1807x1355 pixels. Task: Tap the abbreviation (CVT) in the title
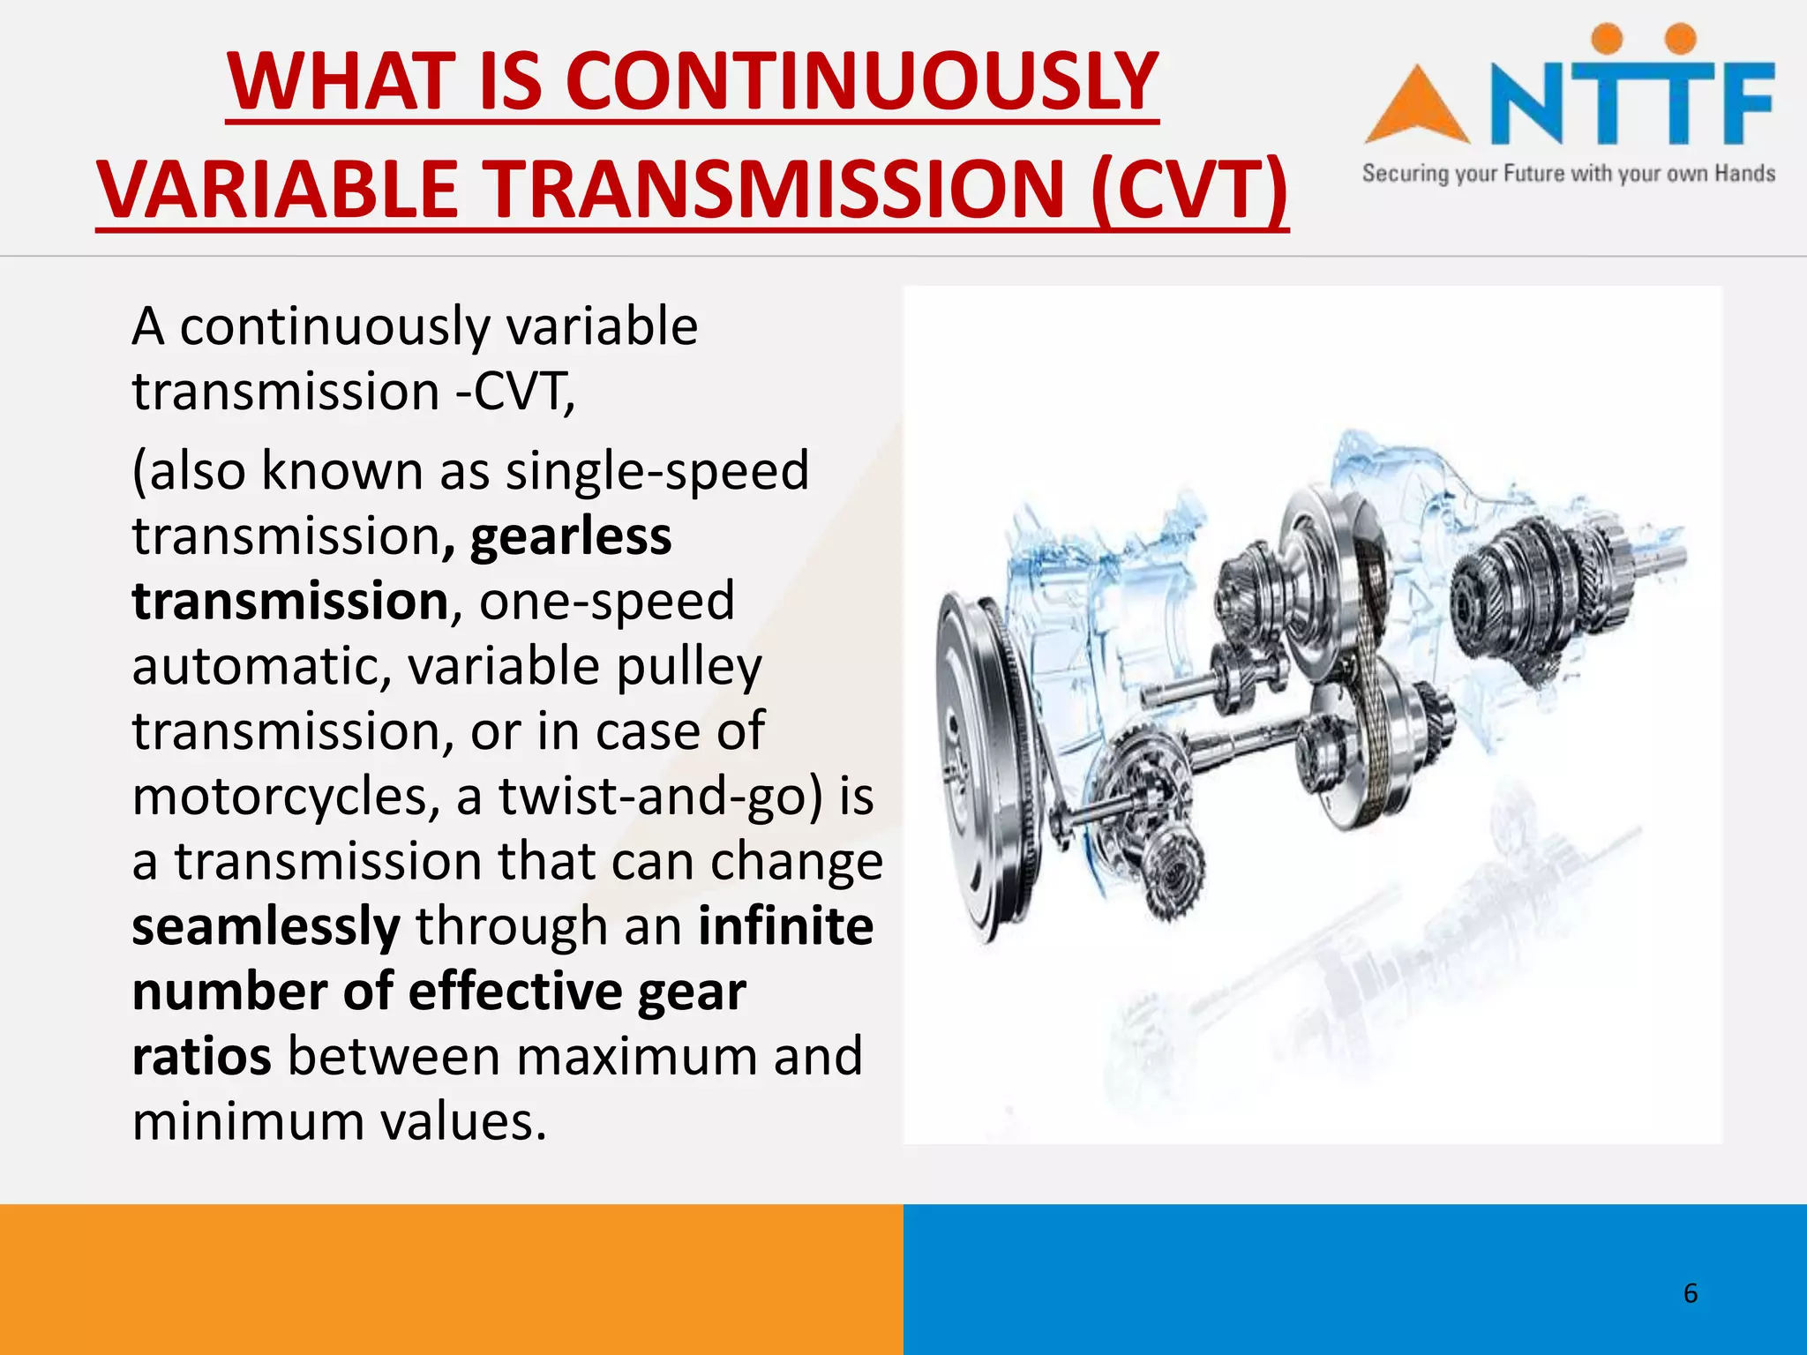coord(1188,190)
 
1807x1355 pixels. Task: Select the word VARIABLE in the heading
coord(278,190)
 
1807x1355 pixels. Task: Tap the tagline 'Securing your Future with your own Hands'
coord(1568,174)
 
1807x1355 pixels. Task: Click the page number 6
coord(1690,1293)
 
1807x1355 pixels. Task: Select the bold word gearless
coord(571,536)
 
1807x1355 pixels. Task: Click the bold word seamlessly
coord(266,926)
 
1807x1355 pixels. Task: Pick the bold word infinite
coord(785,926)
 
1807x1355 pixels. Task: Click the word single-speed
coord(656,470)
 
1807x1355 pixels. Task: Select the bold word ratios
coord(201,1057)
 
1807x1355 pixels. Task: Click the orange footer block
coord(451,1279)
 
